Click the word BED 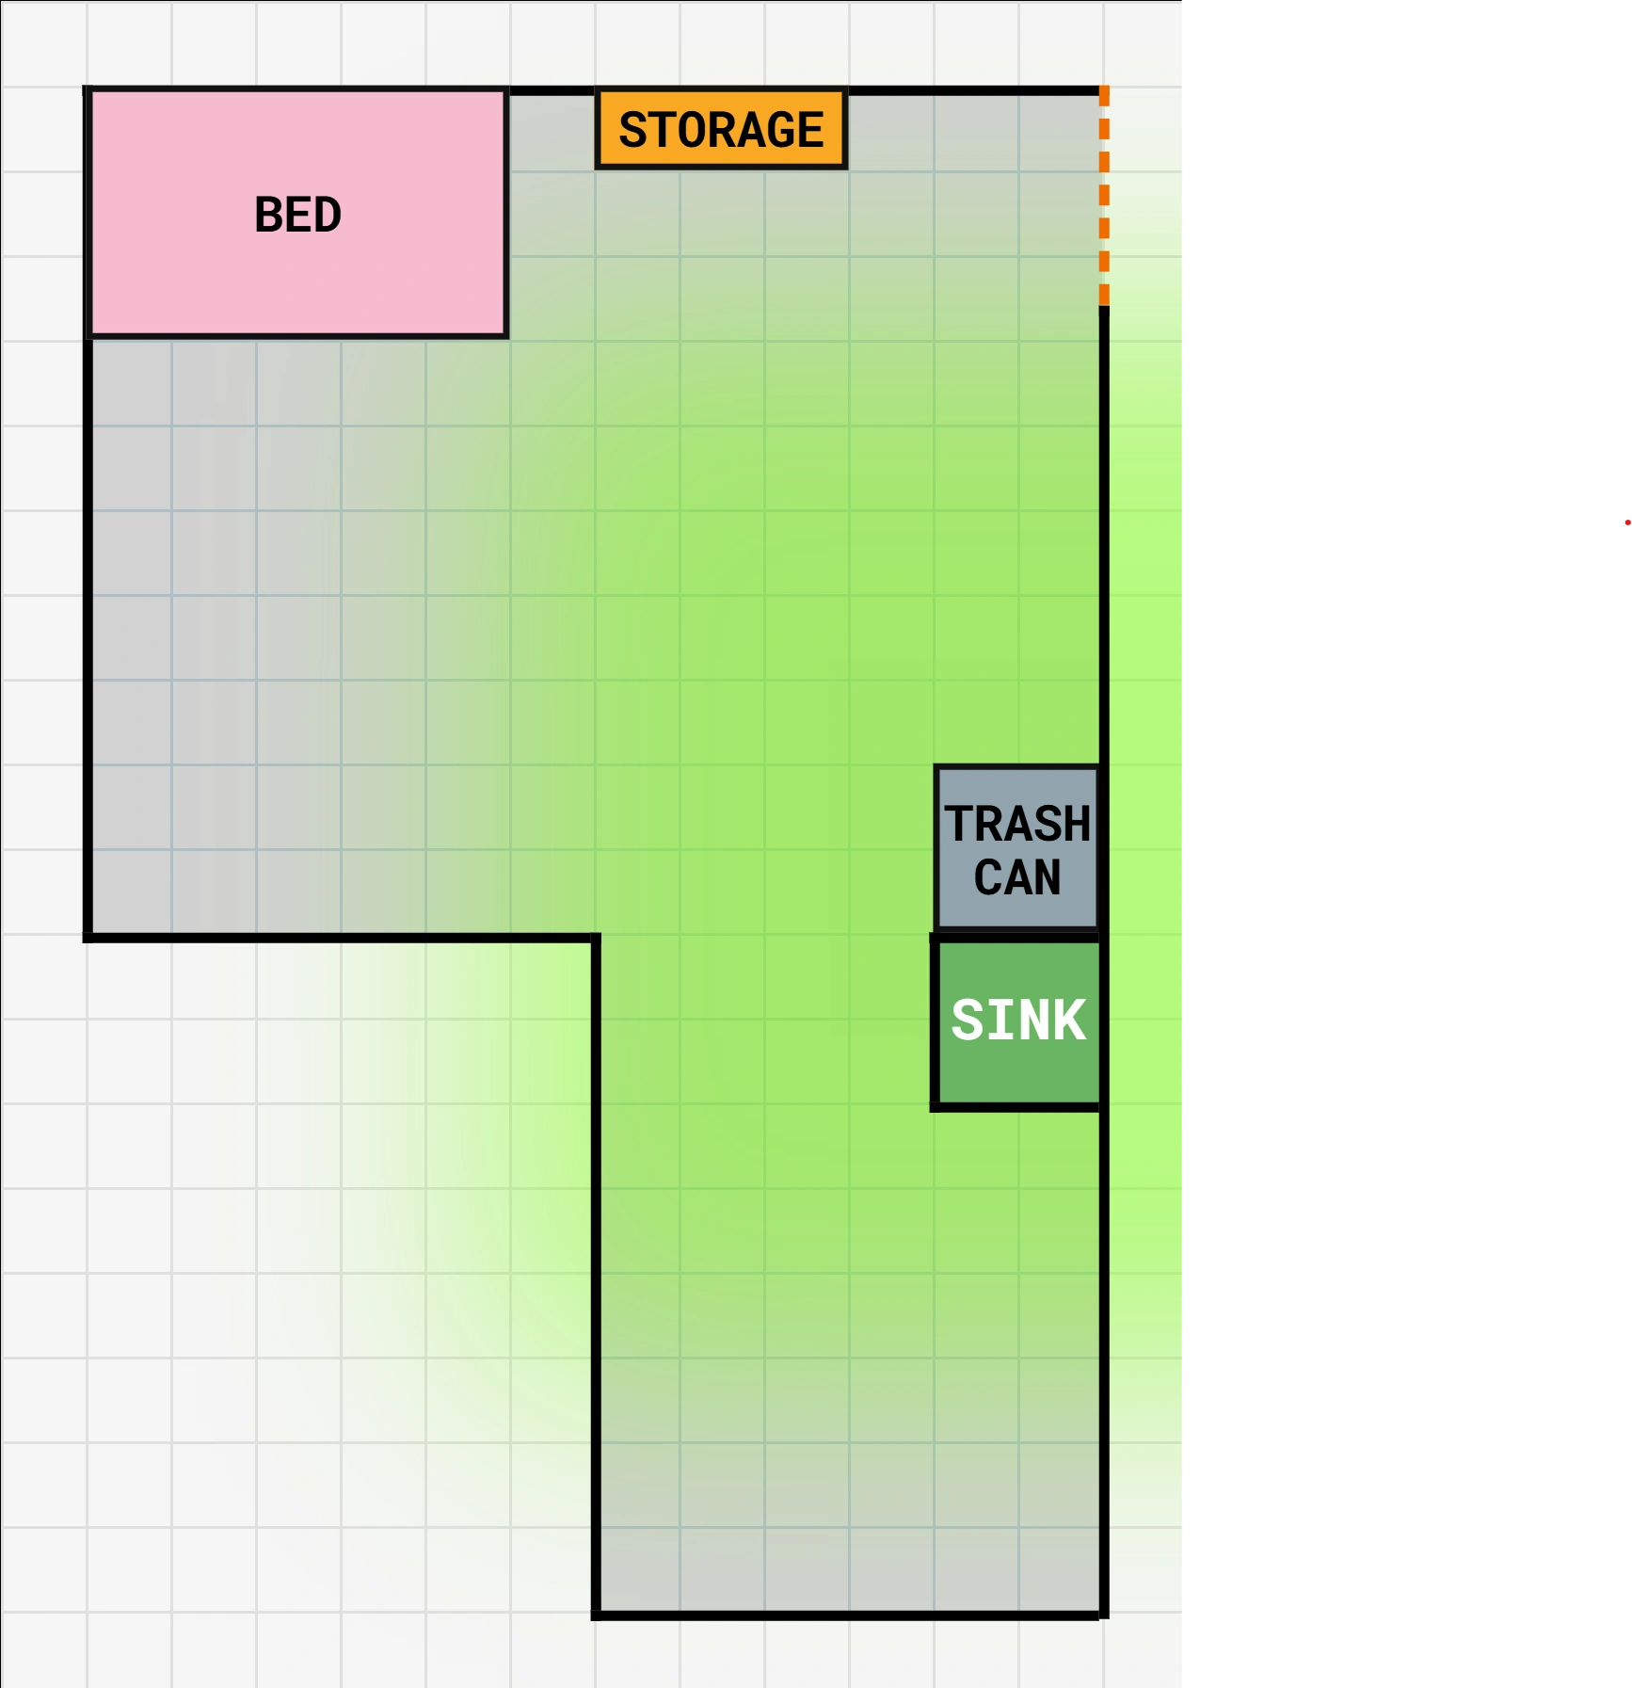[x=297, y=215]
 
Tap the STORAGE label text [x=721, y=130]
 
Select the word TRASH [x=1017, y=824]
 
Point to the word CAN [x=1017, y=877]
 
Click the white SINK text [x=1018, y=1020]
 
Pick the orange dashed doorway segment [x=1104, y=196]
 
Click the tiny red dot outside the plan [x=1627, y=522]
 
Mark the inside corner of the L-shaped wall [x=596, y=938]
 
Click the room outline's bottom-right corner [x=1104, y=1616]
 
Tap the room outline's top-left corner [x=88, y=90]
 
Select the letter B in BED [x=269, y=215]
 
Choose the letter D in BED [x=327, y=215]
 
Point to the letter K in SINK [x=1070, y=1020]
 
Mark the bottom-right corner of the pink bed [x=507, y=335]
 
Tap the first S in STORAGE [x=632, y=130]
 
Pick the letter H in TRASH [x=1077, y=824]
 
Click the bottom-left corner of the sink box [x=936, y=1106]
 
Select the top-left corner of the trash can [x=936, y=767]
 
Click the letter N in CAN [x=1048, y=877]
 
